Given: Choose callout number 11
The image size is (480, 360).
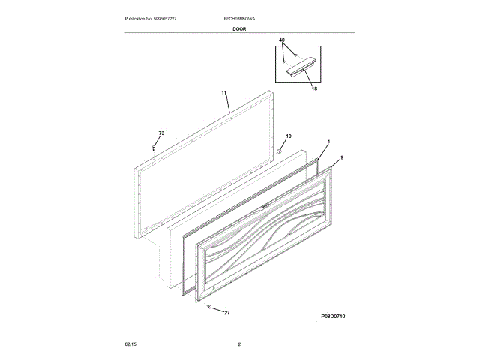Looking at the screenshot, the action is click(x=223, y=93).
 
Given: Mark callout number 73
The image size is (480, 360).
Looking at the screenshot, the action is click(x=160, y=133).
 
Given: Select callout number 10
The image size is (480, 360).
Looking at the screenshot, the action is click(x=287, y=137).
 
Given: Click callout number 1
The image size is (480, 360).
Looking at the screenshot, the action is click(x=328, y=141).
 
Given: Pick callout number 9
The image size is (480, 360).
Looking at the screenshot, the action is click(x=342, y=157).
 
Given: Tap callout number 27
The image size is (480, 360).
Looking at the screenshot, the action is click(x=227, y=312).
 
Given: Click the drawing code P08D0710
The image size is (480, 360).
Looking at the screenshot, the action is click(x=333, y=316).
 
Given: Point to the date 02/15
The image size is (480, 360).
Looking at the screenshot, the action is click(x=130, y=343).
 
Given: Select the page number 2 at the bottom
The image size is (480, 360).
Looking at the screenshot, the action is click(x=239, y=343).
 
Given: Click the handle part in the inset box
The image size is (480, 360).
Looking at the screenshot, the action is click(x=297, y=70).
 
